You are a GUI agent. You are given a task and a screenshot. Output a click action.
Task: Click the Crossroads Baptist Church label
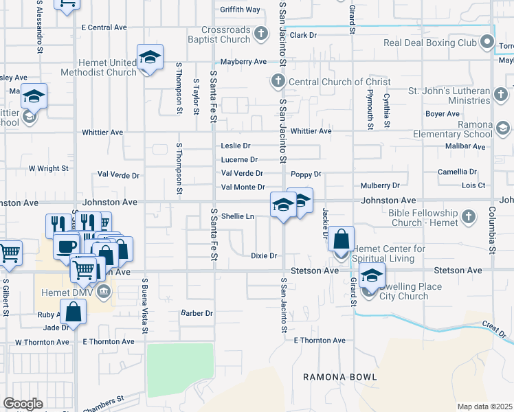[225, 34]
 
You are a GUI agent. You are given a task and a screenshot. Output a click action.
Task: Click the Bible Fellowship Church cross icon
[469, 217]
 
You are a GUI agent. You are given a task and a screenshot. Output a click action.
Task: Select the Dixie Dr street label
[263, 256]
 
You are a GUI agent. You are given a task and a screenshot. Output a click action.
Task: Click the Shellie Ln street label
[238, 216]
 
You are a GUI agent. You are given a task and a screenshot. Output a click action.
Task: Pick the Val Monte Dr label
[243, 187]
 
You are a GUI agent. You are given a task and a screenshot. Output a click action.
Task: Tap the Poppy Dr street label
[306, 174]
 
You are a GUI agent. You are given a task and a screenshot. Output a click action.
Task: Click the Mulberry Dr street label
[379, 185]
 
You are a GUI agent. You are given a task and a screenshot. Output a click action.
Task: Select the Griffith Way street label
[240, 10]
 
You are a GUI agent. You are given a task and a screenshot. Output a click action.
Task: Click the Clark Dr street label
[303, 34]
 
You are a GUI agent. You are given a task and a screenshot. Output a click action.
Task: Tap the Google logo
[23, 404]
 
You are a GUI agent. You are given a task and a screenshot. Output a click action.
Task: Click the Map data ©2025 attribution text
[484, 407]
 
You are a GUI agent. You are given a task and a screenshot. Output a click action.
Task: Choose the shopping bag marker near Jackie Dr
[342, 240]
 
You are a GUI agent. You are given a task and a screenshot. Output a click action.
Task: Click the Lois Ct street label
[473, 185]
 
